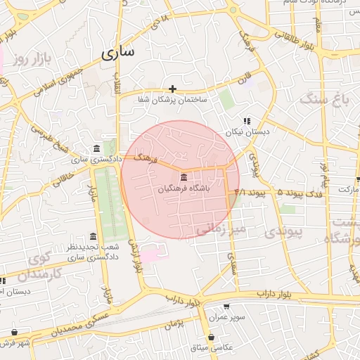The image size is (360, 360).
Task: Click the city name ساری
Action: (x=118, y=53)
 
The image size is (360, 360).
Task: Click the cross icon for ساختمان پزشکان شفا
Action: (x=172, y=89)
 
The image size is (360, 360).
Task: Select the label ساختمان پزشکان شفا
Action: (x=172, y=101)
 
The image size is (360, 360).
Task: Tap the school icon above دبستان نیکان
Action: (x=246, y=121)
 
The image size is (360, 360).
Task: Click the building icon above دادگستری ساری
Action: (x=96, y=148)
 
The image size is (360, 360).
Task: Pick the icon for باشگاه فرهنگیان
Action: (x=184, y=176)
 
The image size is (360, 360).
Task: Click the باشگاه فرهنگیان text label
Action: (x=184, y=188)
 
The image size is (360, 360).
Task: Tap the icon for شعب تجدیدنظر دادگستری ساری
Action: (x=94, y=236)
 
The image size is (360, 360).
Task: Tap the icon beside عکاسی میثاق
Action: (x=211, y=337)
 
